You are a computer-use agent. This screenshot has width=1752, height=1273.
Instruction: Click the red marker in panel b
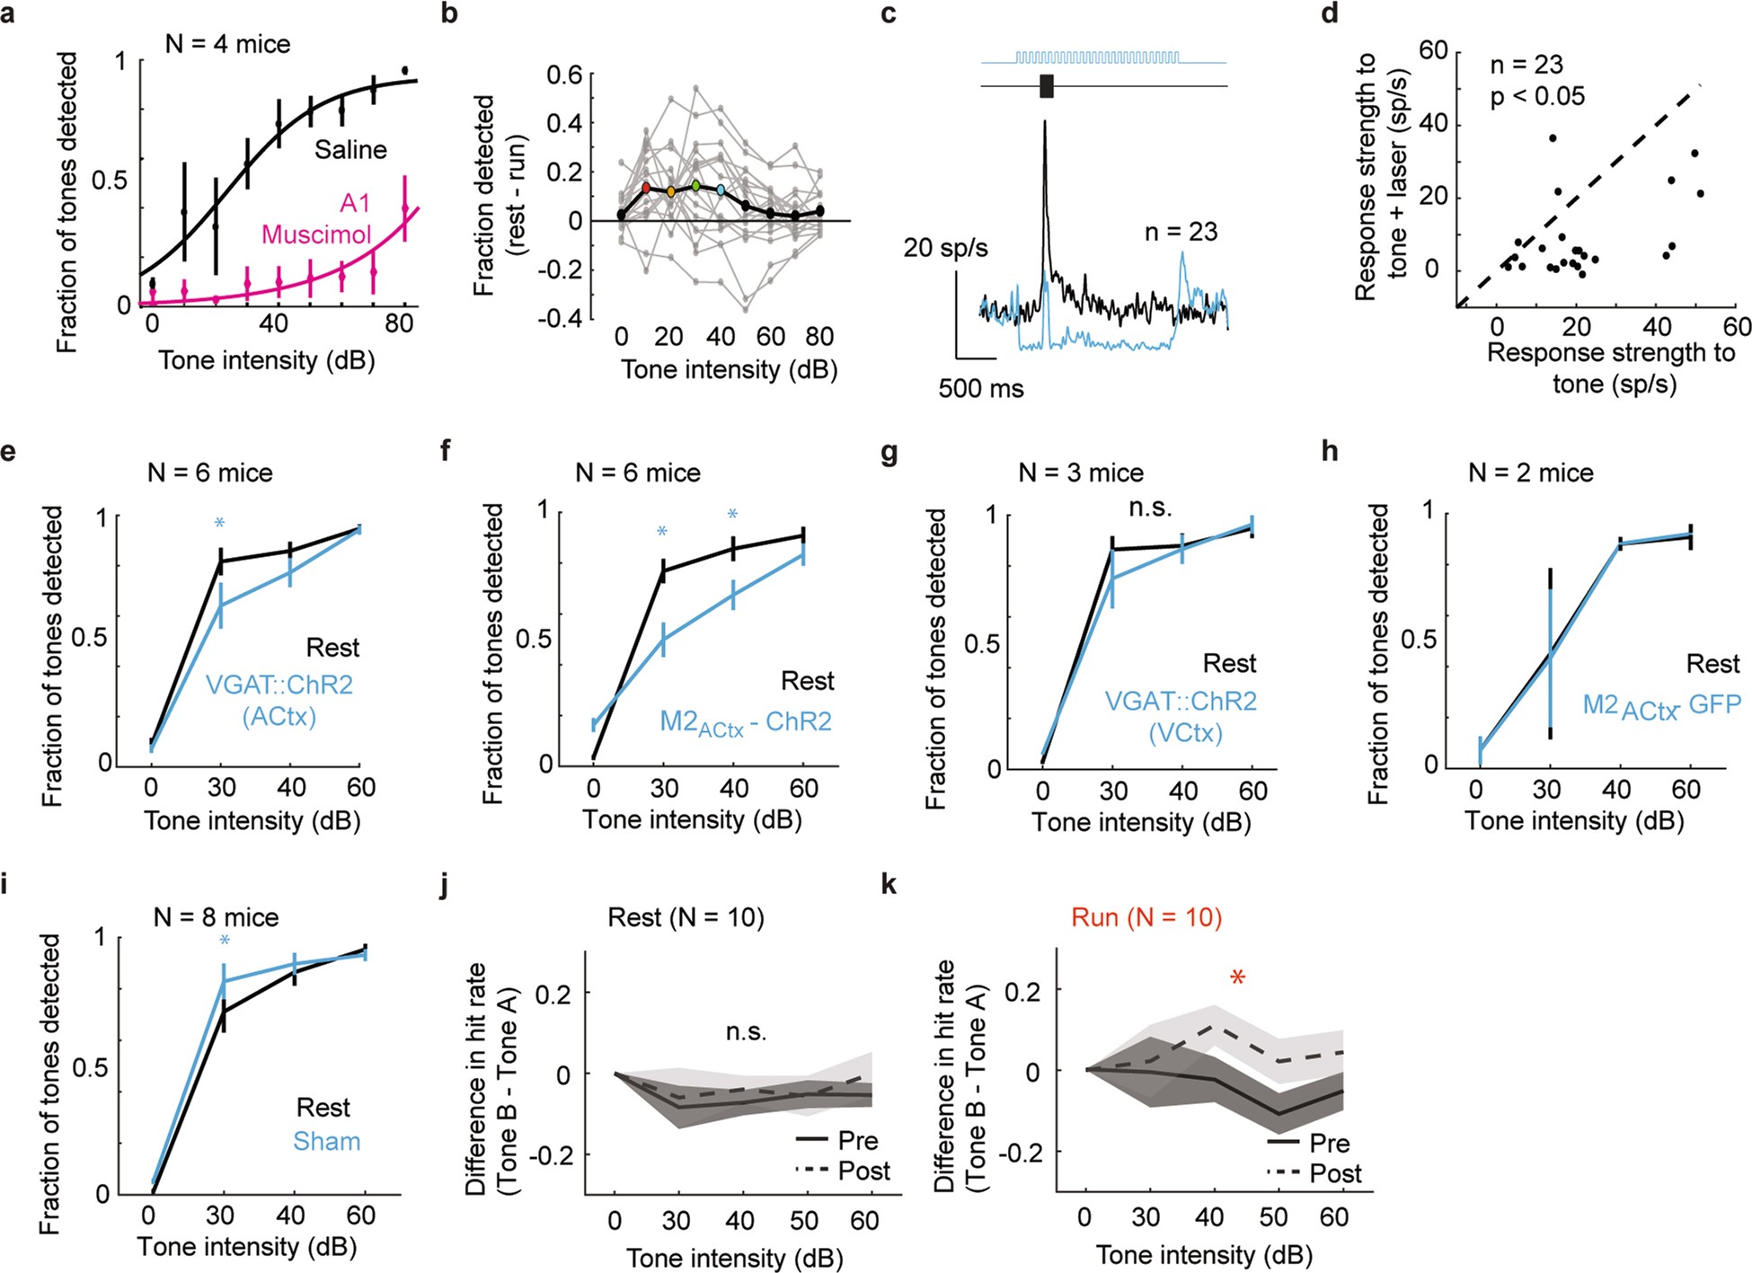(645, 188)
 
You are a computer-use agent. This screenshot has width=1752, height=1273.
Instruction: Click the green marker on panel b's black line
(695, 186)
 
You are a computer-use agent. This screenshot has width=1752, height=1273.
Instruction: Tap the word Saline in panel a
(350, 149)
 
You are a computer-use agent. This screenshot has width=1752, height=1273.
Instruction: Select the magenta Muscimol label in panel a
(316, 220)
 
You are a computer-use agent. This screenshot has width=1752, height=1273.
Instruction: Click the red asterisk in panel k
(1237, 978)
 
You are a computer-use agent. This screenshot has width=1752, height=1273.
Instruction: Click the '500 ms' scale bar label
(981, 389)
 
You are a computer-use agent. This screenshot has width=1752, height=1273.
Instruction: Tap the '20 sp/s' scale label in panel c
(945, 247)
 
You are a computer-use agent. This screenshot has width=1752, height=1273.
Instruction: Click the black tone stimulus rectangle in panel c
(1046, 86)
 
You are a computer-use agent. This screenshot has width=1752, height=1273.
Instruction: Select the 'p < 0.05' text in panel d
(1537, 96)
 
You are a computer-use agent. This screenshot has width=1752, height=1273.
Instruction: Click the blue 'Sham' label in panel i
(326, 1141)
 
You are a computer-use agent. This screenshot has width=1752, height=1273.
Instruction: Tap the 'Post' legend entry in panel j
(863, 1171)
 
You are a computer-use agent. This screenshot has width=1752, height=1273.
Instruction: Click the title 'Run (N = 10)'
(1146, 917)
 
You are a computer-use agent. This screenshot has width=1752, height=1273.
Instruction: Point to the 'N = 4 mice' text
(227, 44)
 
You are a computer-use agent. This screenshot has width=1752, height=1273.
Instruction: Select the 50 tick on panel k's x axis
(1273, 1217)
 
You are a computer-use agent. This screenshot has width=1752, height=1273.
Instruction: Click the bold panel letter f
(447, 450)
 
